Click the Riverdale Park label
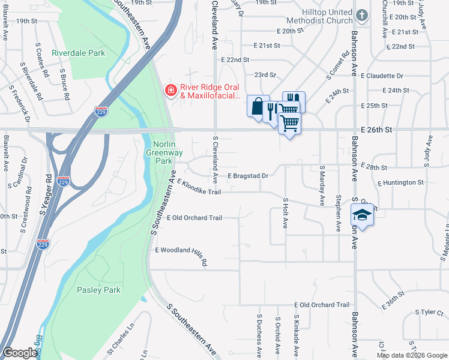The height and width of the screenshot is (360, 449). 78,53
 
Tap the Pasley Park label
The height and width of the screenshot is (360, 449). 98,290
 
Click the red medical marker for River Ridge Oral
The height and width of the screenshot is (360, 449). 171,90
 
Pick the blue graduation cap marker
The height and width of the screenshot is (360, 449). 362,215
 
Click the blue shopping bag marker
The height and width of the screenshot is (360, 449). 258,107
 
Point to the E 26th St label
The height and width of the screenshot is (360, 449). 377,129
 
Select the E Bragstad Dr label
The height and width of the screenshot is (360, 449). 247,176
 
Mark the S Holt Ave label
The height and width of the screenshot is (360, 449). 285,214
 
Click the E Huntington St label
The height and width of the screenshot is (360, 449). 400,182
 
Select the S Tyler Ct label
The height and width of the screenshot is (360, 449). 428,312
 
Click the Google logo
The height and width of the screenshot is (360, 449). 20,353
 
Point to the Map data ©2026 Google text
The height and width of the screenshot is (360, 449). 411,355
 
